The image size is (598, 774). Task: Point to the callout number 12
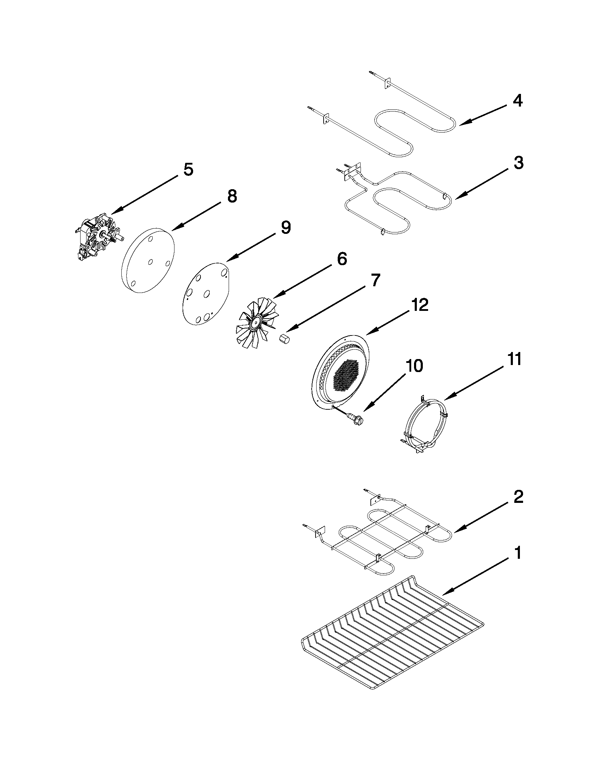click(x=420, y=305)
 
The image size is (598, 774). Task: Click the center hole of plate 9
click(x=206, y=294)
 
